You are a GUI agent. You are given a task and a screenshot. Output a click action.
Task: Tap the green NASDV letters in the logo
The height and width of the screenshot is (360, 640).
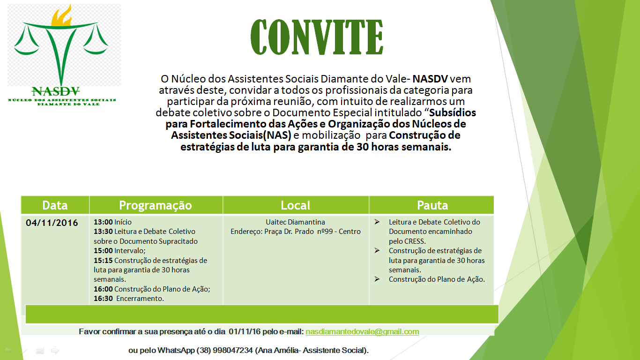tap(56, 91)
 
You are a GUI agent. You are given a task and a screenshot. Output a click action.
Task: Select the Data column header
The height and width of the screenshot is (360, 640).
tap(55, 205)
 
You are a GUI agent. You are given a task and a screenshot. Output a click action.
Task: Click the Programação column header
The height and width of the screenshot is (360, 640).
tap(156, 205)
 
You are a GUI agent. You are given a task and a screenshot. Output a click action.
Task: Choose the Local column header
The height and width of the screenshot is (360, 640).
tap(296, 205)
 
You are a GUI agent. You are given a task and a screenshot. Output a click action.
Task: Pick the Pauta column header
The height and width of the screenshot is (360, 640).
tap(432, 205)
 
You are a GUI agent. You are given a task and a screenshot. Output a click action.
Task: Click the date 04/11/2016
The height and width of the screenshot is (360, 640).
tap(52, 223)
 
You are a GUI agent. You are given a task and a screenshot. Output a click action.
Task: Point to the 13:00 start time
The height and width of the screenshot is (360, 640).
tap(103, 222)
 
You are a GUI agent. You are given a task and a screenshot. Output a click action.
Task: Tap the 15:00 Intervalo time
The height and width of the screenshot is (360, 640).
tap(103, 251)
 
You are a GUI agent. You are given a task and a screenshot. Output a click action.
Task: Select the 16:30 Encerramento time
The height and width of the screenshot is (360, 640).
tap(103, 299)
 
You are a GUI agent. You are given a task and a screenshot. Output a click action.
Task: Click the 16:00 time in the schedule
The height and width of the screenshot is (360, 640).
tap(103, 289)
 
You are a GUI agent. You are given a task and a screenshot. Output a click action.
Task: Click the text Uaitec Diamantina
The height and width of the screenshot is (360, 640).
tap(295, 222)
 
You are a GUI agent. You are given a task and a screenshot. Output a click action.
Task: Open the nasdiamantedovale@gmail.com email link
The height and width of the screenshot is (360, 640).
tap(362, 332)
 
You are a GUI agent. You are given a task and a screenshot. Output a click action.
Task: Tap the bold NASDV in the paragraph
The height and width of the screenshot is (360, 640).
tap(430, 79)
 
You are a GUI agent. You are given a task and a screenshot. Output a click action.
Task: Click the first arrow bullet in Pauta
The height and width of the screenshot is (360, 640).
tap(377, 222)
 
